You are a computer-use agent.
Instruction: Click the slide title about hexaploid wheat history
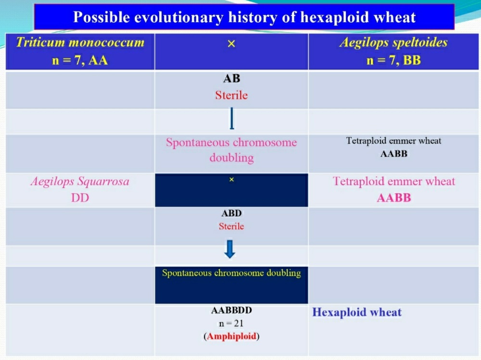(x=244, y=17)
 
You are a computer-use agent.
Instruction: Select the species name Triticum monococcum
(x=80, y=42)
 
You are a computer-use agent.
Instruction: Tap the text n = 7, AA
(x=80, y=60)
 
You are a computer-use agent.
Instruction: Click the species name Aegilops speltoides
(x=393, y=42)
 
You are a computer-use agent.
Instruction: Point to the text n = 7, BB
(x=393, y=60)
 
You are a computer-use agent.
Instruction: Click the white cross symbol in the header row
(x=231, y=44)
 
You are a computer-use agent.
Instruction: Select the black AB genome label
(x=232, y=78)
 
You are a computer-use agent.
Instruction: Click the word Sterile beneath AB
(x=231, y=95)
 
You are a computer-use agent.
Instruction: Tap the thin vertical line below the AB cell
(x=232, y=118)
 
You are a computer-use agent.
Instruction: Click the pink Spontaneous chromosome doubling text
(x=231, y=150)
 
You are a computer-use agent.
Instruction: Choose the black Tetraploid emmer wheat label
(x=393, y=141)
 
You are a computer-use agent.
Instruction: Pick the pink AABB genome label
(x=393, y=198)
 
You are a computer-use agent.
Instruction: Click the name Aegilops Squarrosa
(x=80, y=181)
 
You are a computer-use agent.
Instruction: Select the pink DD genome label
(x=80, y=198)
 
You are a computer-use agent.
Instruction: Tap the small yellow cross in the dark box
(x=232, y=179)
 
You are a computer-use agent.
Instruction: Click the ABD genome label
(x=231, y=213)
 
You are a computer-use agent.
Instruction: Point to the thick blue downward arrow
(x=230, y=249)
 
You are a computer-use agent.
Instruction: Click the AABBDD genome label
(x=231, y=310)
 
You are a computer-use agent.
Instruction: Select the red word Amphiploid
(x=232, y=336)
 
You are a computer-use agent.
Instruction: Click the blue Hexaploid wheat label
(x=357, y=312)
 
